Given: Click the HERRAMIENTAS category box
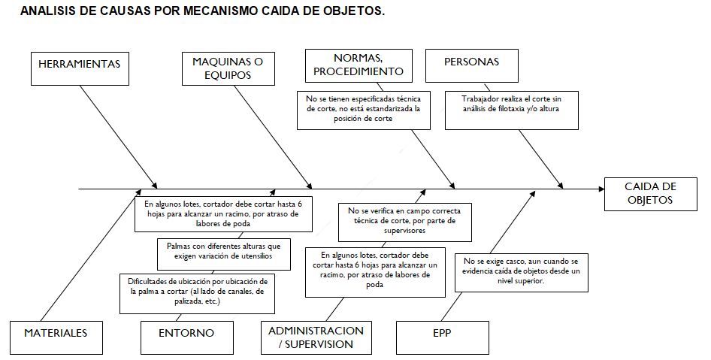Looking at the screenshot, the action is click(80, 68).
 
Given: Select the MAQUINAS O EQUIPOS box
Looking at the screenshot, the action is click(228, 68).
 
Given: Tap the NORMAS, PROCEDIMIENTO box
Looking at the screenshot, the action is click(359, 65).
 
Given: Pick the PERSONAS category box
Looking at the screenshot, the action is click(471, 65).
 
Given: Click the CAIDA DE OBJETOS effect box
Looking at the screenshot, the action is click(650, 194).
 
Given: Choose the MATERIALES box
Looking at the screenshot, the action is click(56, 337).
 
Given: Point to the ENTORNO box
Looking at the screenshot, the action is click(187, 337).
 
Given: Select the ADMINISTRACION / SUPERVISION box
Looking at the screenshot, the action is click(316, 337).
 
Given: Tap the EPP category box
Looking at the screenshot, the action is click(443, 337).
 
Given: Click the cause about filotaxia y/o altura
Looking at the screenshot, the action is click(512, 110).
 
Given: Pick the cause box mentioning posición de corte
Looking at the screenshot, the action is click(364, 110).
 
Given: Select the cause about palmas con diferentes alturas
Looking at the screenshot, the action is click(224, 254).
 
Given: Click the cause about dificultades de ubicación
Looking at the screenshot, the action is click(197, 293).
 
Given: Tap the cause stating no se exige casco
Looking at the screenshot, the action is click(522, 273).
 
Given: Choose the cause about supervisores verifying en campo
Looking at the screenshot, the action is click(405, 222).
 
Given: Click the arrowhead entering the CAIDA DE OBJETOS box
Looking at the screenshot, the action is click(601, 188).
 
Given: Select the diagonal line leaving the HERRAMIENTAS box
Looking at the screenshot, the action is click(119, 137).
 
